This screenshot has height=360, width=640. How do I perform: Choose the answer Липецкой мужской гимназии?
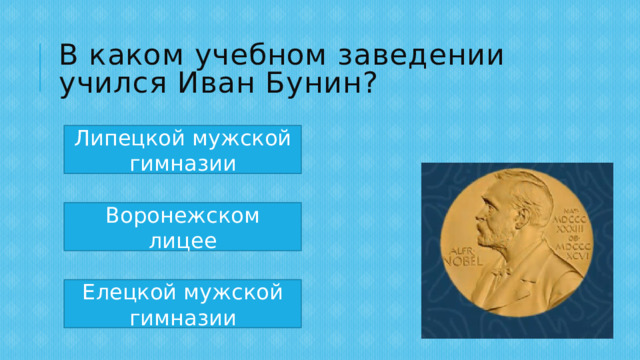click(x=183, y=150)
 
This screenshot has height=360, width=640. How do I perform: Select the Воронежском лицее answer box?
click(x=183, y=227)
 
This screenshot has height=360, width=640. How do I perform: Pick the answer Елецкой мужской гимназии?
click(x=183, y=304)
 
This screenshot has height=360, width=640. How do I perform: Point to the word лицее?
click(x=183, y=240)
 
